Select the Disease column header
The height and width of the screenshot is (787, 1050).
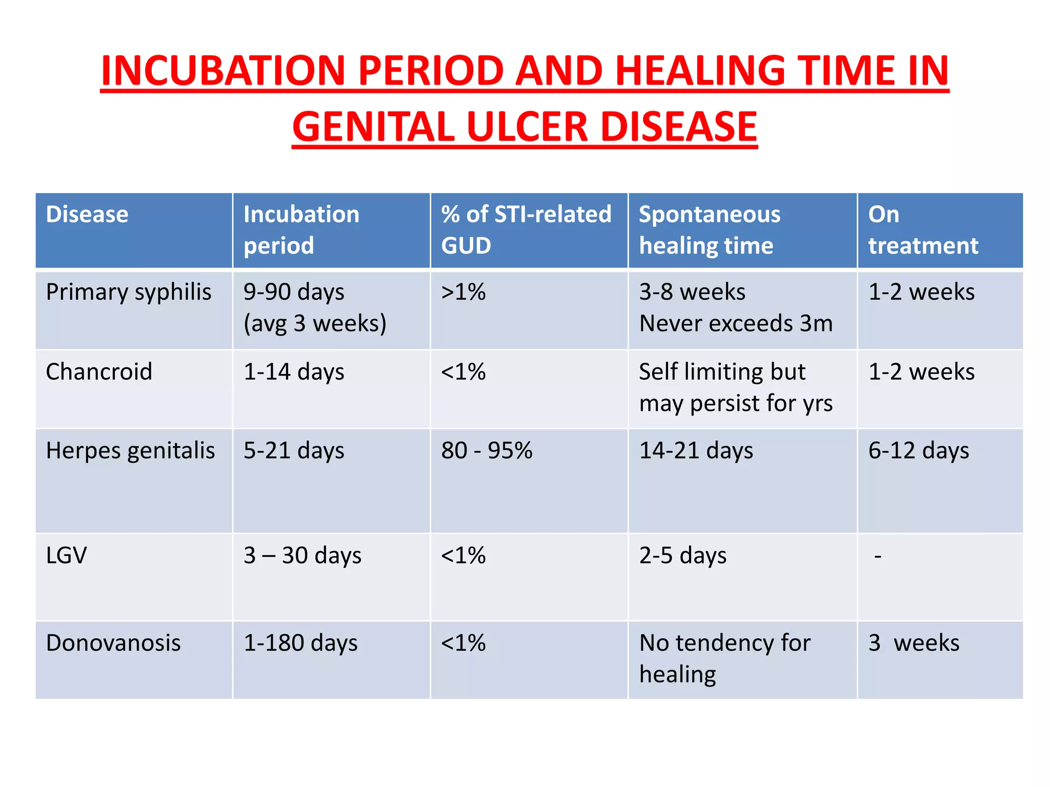click(87, 214)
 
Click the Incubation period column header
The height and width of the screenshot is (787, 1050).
click(301, 230)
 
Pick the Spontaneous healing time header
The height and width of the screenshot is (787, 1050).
click(710, 230)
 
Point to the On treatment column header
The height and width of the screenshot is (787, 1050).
click(923, 230)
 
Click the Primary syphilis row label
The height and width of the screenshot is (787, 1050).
click(129, 292)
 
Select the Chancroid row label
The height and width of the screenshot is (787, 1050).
click(99, 371)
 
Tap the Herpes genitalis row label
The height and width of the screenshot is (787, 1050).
click(130, 451)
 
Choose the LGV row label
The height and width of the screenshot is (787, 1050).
click(67, 555)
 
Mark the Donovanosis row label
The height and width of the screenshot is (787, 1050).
click(113, 643)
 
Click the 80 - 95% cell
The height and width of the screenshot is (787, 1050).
click(487, 451)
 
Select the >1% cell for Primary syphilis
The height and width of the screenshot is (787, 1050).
click(463, 292)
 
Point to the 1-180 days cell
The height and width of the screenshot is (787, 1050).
click(300, 643)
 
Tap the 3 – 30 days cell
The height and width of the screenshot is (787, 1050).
click(302, 555)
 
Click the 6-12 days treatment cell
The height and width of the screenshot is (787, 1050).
click(918, 451)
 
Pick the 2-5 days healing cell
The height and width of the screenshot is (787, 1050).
click(683, 555)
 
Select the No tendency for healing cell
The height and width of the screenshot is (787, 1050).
click(724, 658)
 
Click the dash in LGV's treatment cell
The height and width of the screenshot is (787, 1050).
click(878, 556)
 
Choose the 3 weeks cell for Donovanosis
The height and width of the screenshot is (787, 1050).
click(914, 643)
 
